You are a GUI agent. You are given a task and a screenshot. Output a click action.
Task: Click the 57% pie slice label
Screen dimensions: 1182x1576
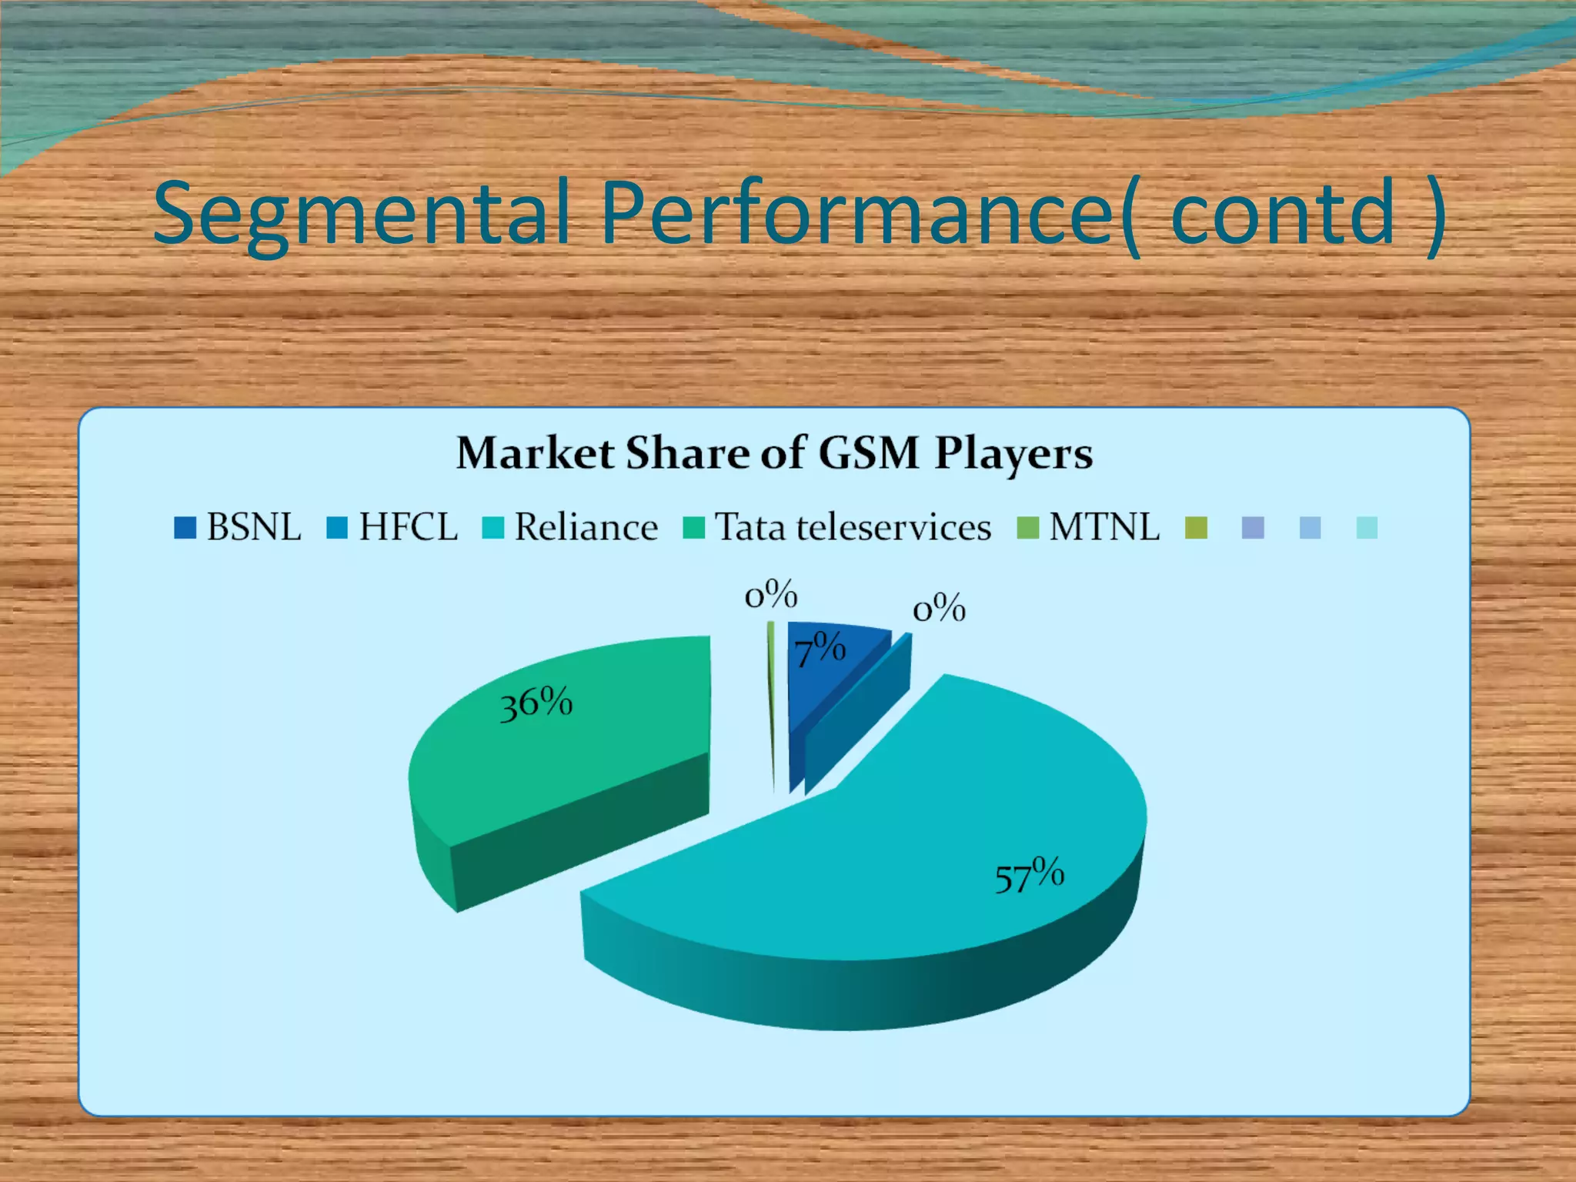(x=1029, y=875)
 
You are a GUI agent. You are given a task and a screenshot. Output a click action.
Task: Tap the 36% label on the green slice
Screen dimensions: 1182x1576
(x=536, y=703)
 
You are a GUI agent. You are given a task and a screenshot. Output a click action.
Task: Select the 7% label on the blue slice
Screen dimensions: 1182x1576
(x=820, y=649)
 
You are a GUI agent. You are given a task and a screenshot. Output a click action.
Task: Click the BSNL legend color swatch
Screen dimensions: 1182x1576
(x=185, y=528)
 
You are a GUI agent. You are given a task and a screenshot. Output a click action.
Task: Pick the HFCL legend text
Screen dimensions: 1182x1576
(x=408, y=528)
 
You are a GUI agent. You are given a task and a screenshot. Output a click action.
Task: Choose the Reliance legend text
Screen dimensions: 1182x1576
(x=586, y=528)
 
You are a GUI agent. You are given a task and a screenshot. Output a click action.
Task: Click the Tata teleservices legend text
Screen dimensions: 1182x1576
(x=853, y=528)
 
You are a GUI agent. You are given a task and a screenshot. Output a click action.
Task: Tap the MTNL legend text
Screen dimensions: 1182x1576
(x=1104, y=528)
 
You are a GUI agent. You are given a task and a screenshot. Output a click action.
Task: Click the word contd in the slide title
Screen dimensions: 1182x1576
(x=1283, y=213)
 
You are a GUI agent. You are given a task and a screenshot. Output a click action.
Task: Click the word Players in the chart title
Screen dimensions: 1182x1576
(x=1013, y=454)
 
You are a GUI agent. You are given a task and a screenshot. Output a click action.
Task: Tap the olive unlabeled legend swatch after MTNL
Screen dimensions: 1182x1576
(x=1196, y=528)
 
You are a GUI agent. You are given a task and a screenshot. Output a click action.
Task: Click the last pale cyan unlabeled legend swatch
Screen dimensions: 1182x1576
(x=1367, y=528)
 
